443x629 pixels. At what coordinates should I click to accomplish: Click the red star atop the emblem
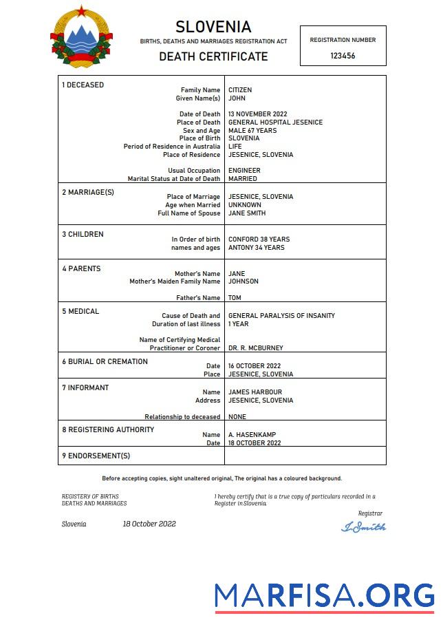coord(81,11)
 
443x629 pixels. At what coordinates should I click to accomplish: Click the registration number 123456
coord(343,56)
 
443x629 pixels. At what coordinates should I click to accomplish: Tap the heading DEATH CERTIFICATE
coord(213,56)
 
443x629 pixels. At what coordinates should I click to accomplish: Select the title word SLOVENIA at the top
coord(213,27)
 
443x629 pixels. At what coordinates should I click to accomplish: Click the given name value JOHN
coord(237,98)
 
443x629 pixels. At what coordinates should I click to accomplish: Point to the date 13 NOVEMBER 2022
coord(258,114)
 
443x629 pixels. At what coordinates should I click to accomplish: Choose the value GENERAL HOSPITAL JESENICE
coord(275,122)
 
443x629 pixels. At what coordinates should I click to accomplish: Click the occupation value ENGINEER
coord(244,171)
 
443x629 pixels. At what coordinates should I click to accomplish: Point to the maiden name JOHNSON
coord(244,281)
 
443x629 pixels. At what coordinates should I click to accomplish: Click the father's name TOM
coord(235,298)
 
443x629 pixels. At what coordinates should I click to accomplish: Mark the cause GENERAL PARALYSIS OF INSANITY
coord(281,316)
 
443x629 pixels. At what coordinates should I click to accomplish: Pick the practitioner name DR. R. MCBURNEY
coord(255,348)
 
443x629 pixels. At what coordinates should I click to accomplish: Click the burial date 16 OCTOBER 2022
coord(255,366)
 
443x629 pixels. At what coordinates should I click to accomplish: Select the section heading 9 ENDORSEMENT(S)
coord(96,456)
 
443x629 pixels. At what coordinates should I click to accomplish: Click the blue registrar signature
coord(363,527)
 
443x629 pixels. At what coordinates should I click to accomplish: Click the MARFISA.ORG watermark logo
coord(324,595)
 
